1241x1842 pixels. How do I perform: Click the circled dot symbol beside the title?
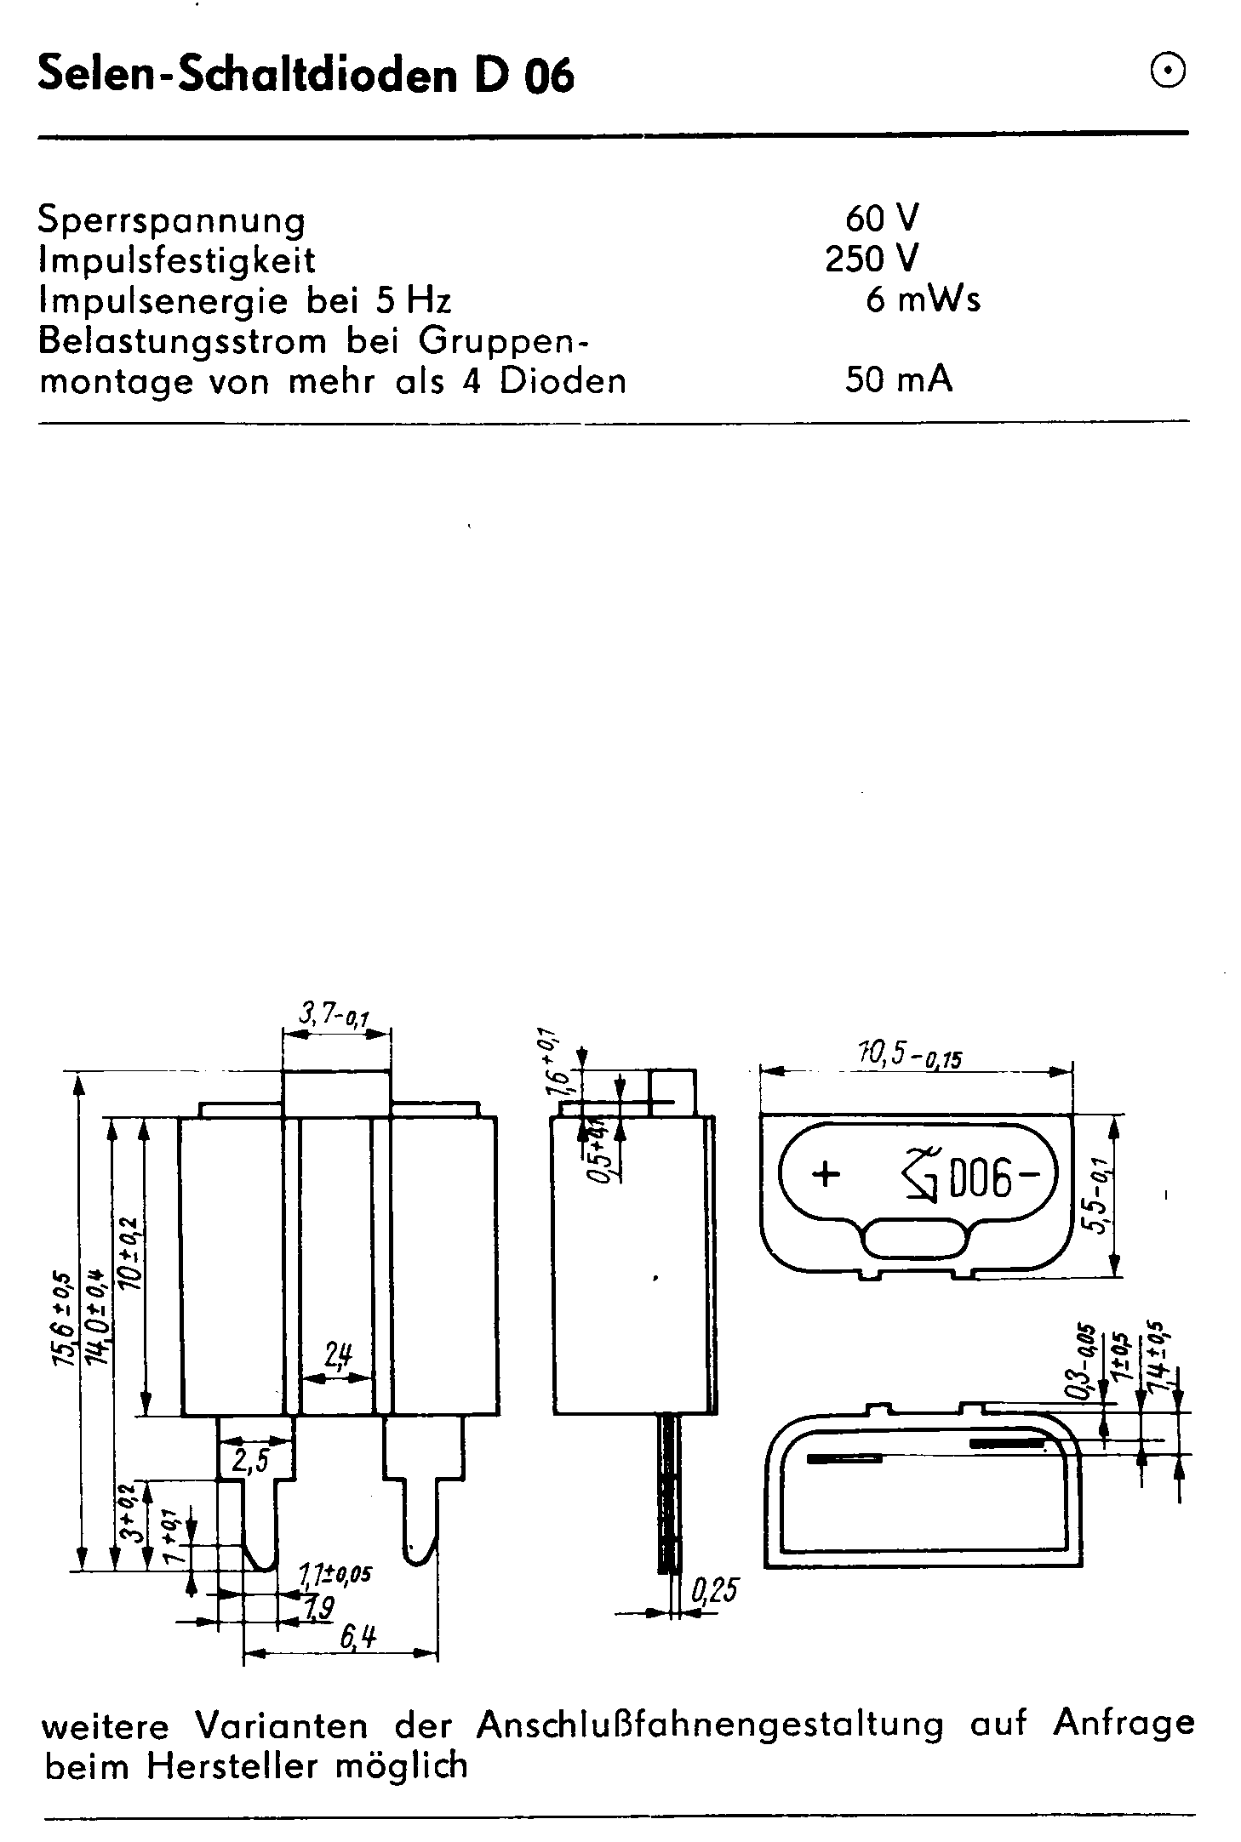tap(1167, 72)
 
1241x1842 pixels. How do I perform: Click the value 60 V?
tap(882, 220)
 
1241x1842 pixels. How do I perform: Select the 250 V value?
tap(872, 259)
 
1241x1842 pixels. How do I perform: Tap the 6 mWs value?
tap(923, 299)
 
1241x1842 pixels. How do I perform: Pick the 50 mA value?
tap(898, 379)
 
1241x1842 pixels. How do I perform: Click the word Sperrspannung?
tap(171, 222)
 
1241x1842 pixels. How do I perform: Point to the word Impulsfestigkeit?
tap(177, 260)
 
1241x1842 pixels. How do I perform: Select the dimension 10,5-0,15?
tap(912, 1056)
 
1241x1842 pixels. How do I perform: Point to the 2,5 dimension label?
tap(249, 1460)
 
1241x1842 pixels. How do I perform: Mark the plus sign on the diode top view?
tap(825, 1175)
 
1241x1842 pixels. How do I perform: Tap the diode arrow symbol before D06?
tap(918, 1177)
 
